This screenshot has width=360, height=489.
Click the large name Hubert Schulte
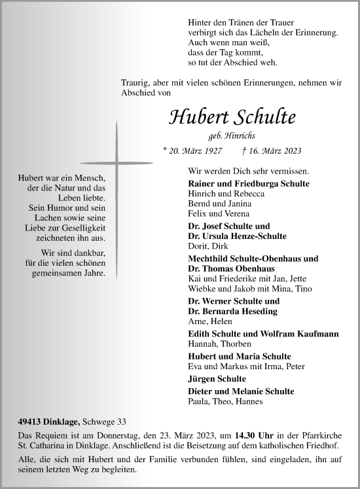pos(232,117)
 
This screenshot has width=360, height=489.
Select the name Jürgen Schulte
pos(217,378)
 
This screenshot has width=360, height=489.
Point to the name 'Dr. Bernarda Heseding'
pos(232,310)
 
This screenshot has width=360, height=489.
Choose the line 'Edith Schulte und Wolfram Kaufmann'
pos(262,334)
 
